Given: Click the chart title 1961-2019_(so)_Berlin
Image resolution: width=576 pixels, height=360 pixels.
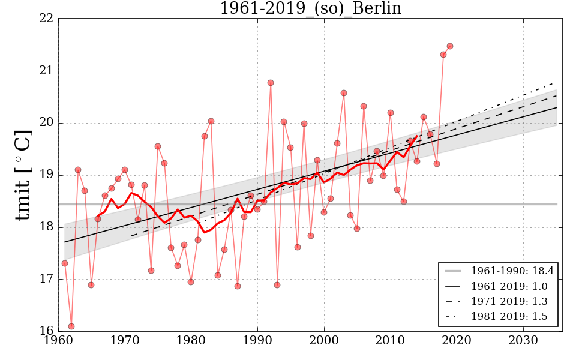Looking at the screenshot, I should (x=310, y=8).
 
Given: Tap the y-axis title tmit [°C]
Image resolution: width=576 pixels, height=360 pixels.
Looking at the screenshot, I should (x=23, y=175).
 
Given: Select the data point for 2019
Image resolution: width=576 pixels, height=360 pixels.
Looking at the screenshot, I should (x=450, y=46).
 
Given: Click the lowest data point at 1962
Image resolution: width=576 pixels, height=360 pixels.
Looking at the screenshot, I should (x=71, y=326).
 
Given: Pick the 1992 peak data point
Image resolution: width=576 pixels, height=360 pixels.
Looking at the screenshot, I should (x=271, y=83).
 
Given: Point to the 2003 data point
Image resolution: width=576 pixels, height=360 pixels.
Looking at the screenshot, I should (x=344, y=93).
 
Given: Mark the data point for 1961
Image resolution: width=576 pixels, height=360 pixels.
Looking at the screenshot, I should (x=65, y=263).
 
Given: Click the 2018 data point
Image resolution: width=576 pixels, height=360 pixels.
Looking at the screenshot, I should (x=443, y=55).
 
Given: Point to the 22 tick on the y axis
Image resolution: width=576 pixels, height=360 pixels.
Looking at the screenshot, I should (x=47, y=19).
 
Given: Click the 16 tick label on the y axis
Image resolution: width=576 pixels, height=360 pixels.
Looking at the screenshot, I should (x=47, y=331).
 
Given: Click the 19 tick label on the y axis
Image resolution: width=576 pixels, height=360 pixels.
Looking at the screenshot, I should (x=47, y=175).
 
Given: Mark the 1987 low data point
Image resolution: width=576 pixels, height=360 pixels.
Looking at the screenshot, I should (x=238, y=286).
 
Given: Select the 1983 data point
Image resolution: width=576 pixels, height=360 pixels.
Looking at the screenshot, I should (x=211, y=121).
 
